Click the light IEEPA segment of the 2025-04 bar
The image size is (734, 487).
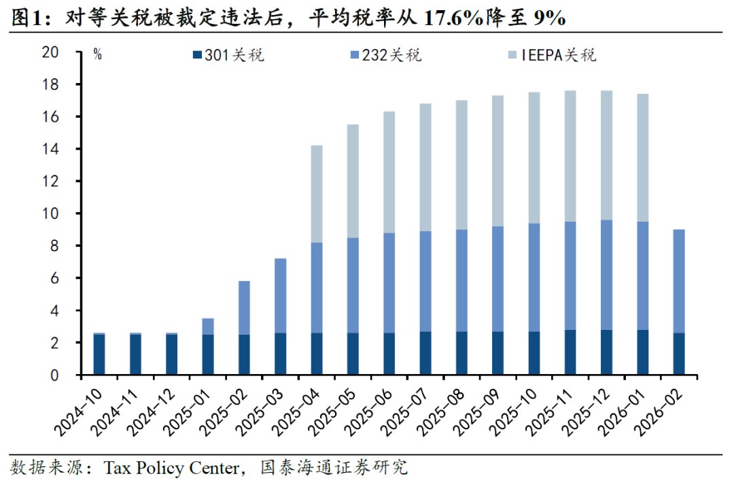click(317, 194)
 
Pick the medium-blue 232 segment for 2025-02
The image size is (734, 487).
click(244, 307)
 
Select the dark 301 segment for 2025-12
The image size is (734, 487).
click(607, 352)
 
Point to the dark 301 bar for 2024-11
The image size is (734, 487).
click(135, 354)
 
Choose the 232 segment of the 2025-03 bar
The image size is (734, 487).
click(280, 296)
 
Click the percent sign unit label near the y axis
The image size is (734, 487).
click(98, 56)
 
